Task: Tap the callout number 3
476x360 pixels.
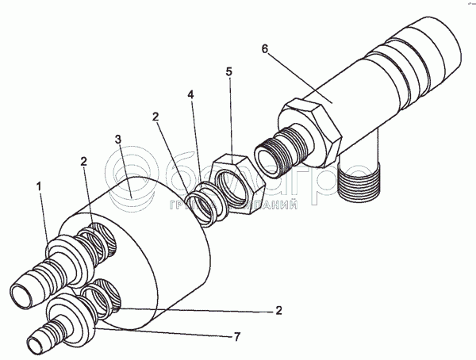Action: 117,140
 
